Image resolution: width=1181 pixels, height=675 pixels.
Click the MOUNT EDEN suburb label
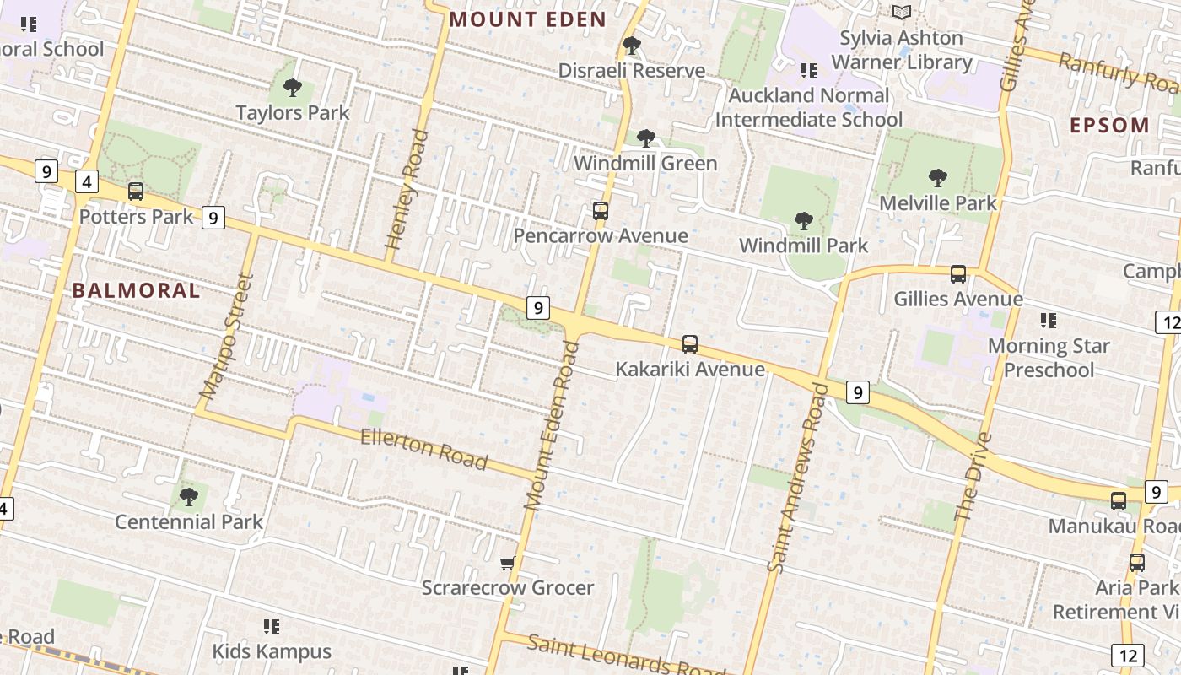click(527, 19)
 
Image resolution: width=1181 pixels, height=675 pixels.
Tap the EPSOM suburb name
click(1109, 126)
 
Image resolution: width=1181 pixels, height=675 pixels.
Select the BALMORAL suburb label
click(136, 290)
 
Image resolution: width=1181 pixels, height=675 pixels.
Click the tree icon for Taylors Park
click(293, 87)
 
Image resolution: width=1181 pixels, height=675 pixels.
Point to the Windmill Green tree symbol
click(646, 138)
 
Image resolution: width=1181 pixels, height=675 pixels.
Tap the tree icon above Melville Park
click(937, 177)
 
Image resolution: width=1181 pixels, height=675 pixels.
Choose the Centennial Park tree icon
click(189, 496)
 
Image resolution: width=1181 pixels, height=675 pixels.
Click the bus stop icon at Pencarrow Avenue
click(601, 210)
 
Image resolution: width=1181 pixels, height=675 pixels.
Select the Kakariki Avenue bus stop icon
click(690, 343)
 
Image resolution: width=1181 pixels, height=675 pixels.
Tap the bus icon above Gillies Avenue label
click(958, 273)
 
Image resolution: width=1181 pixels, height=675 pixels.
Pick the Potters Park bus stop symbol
click(136, 192)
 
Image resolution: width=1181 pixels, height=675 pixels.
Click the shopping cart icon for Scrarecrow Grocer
click(507, 563)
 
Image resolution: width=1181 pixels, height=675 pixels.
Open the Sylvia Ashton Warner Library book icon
click(902, 12)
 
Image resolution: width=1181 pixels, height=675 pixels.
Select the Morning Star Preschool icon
click(1049, 320)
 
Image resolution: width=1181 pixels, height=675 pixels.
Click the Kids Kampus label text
click(272, 651)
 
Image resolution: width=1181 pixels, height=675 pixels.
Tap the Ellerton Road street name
click(424, 449)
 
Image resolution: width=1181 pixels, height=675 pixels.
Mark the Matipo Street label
click(226, 336)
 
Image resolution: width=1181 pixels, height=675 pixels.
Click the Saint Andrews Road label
click(798, 478)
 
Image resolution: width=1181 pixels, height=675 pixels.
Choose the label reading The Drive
click(973, 476)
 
